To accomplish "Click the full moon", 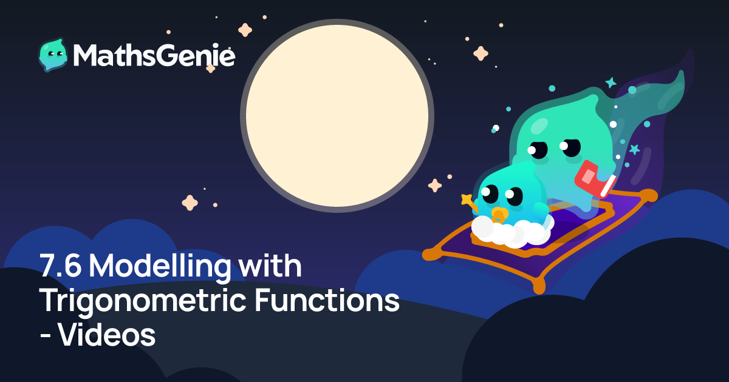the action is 337,116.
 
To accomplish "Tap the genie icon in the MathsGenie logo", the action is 53,55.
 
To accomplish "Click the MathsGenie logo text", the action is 154,55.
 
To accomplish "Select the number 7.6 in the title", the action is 60,266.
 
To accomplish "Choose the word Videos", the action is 107,335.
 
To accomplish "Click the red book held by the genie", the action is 595,179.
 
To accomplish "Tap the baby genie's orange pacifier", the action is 499,215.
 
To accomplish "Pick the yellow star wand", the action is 468,203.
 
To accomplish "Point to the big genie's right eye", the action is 570,147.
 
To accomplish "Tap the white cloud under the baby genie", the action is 512,230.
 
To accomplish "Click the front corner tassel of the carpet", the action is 539,285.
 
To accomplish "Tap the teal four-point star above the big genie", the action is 611,82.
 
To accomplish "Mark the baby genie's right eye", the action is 514,196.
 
